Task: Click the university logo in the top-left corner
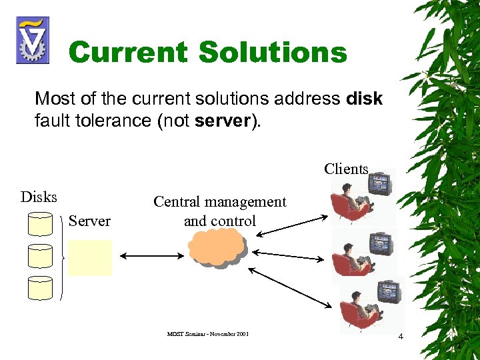point(31,40)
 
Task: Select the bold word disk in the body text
point(365,99)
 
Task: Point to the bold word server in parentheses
point(223,122)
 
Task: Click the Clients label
point(346,169)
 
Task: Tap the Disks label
point(39,197)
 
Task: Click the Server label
point(89,221)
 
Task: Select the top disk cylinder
point(40,223)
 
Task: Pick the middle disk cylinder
point(40,255)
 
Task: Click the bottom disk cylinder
point(40,287)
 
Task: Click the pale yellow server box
point(90,257)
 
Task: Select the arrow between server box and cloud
point(150,256)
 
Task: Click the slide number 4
point(400,336)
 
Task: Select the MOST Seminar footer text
point(208,333)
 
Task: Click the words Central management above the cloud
point(219,202)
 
